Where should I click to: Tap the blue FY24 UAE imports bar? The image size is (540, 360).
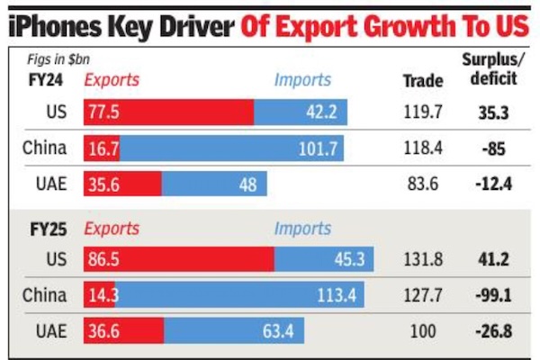(x=214, y=184)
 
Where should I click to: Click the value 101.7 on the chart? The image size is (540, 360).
(x=319, y=148)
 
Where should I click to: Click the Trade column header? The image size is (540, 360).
(x=422, y=80)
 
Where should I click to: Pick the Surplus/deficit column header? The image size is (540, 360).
(x=491, y=70)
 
